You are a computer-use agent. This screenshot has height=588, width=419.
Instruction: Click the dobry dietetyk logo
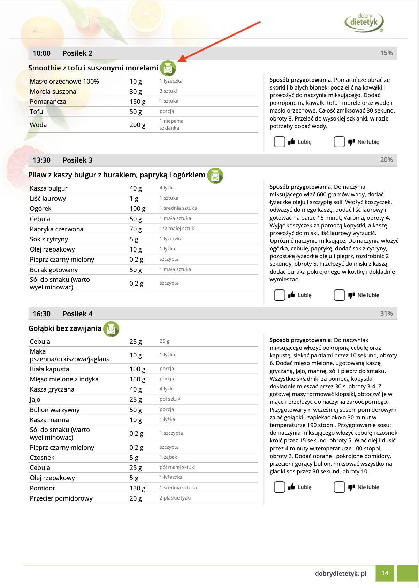(364, 22)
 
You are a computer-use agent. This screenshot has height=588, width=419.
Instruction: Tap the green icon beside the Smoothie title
(168, 68)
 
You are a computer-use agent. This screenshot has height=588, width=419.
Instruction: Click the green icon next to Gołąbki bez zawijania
(111, 329)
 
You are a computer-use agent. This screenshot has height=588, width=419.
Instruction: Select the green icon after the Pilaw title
(215, 175)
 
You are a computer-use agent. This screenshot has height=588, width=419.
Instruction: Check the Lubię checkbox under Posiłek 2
(280, 142)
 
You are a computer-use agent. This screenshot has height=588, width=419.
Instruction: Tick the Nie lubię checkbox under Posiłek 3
(339, 295)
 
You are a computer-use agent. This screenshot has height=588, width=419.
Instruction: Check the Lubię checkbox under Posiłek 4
(280, 487)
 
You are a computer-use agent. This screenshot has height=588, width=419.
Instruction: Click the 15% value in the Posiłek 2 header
(386, 53)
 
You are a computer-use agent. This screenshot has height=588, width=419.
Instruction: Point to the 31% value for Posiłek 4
(386, 314)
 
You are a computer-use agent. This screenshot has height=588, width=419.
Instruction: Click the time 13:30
(41, 160)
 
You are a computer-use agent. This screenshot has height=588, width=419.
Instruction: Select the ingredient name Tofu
(37, 112)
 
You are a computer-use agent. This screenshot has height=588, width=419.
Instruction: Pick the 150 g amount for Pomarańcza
(137, 102)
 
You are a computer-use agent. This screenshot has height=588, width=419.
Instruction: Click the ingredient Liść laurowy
(48, 199)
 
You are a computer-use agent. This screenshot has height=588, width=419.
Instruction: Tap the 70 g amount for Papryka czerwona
(136, 229)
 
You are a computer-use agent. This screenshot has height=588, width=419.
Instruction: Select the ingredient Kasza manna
(49, 420)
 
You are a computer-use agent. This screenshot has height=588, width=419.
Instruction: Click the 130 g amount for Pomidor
(137, 488)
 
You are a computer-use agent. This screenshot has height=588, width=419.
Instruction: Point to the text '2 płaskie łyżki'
(175, 498)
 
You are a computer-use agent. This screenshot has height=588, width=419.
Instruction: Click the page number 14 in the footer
(385, 573)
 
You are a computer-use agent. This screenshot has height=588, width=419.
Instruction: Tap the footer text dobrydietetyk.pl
(341, 574)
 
